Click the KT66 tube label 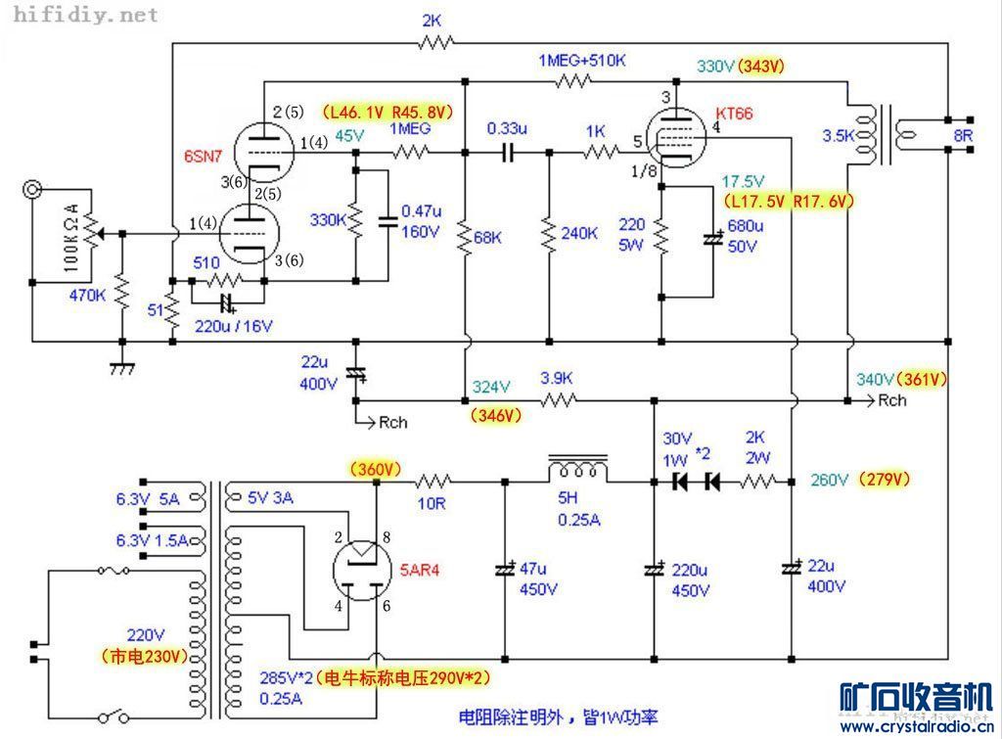pos(735,114)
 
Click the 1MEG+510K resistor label pos(581,61)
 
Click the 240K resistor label pos(579,234)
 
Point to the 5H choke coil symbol pos(578,468)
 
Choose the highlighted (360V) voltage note pos(374,470)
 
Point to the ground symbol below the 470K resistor pos(122,369)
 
